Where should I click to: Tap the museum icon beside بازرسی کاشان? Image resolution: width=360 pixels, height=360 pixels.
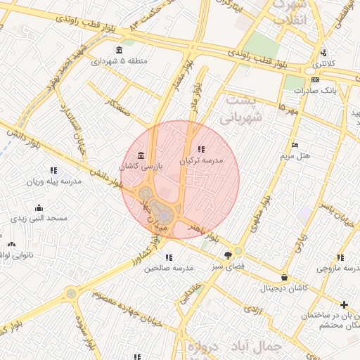141,155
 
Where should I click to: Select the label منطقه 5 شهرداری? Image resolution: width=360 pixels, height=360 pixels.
119,61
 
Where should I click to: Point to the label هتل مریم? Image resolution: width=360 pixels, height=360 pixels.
295,155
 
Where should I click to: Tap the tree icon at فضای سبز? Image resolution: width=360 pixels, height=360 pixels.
227,255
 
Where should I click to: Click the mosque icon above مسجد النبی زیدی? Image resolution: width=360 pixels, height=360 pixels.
39,207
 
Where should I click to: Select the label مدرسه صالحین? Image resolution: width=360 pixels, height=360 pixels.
169,268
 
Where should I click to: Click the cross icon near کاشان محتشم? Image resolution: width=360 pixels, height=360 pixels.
344,304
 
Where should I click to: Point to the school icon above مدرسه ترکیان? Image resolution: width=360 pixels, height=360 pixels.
202,149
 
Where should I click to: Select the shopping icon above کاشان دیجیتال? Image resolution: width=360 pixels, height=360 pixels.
284,277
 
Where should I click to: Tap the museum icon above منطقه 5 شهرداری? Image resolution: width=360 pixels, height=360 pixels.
118,50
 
